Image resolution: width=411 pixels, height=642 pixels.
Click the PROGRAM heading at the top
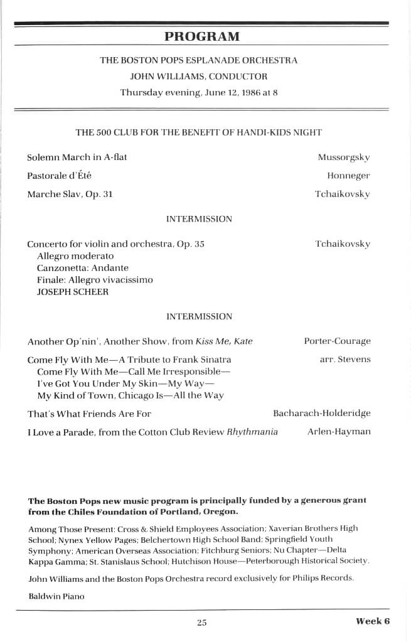coord(201,36)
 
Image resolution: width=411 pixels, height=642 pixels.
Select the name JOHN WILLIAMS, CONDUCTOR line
coord(198,77)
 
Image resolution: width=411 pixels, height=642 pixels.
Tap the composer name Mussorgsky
coord(343,158)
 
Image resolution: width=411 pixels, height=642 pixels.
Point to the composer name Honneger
coord(348,176)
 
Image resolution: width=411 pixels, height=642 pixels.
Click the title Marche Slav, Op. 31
coord(70,194)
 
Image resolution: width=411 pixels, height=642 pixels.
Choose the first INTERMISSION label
coord(199,219)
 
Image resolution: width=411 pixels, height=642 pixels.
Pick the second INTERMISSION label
coord(199,316)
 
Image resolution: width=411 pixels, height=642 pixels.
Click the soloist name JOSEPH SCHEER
coord(63,292)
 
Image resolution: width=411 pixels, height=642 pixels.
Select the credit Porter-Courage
coord(337,341)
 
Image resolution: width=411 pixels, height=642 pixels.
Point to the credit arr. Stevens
coord(345,360)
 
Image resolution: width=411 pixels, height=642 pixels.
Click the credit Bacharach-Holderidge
coord(321,414)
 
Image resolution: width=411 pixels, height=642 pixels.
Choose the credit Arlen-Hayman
coord(339,432)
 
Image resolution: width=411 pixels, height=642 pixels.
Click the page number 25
coord(201,623)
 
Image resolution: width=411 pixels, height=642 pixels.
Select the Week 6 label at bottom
coord(373,621)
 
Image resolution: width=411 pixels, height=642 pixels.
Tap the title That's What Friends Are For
coord(89,414)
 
